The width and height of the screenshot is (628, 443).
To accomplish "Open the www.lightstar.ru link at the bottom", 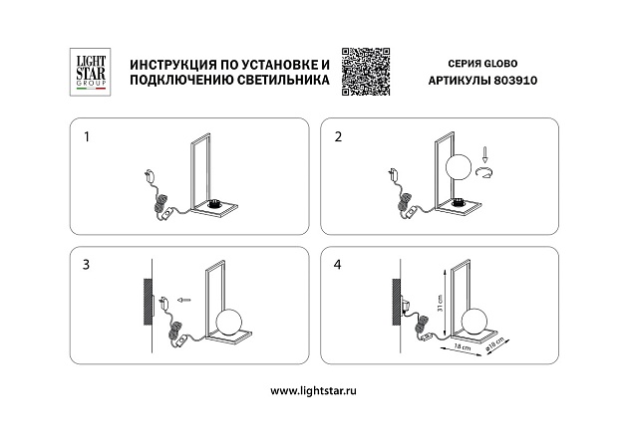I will tap(313, 391).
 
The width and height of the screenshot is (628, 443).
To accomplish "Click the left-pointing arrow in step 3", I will tap(182, 297).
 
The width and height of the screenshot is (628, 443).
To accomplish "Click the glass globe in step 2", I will tap(458, 167).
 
